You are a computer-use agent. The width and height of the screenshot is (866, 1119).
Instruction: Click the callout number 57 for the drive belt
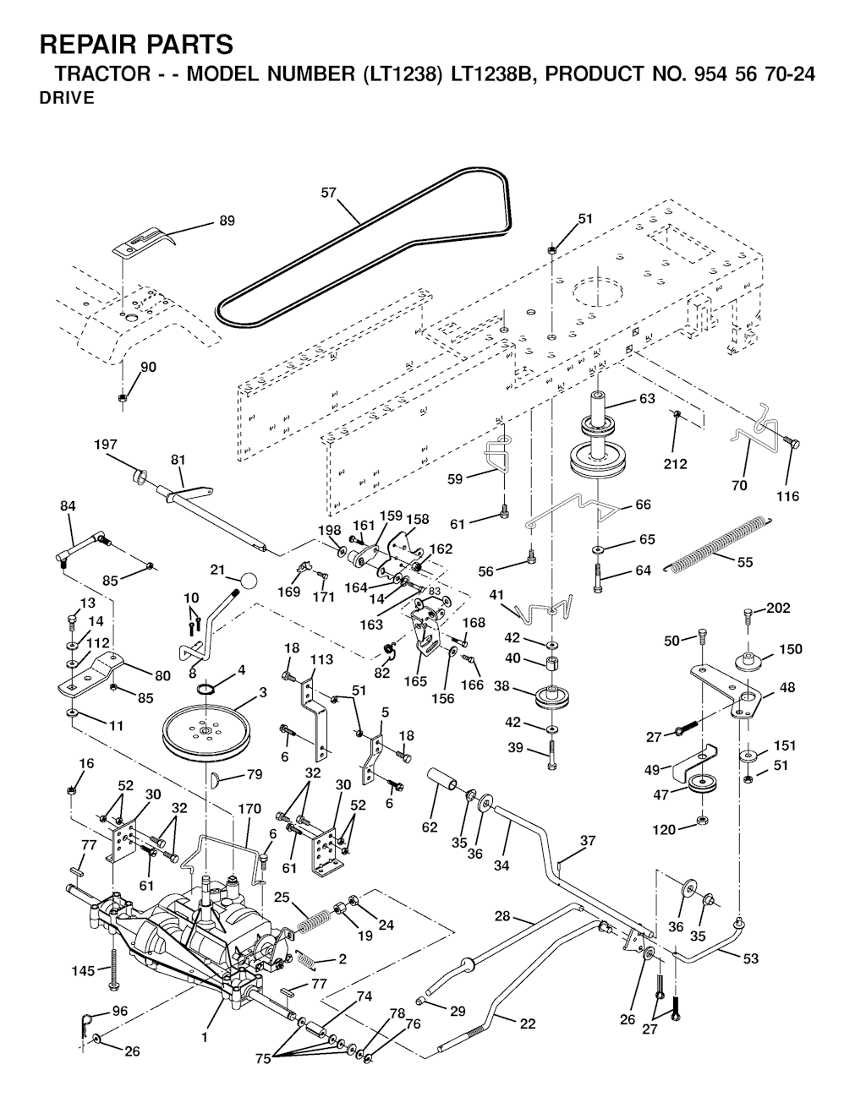point(329,193)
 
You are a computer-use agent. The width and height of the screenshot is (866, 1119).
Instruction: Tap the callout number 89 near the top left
point(227,221)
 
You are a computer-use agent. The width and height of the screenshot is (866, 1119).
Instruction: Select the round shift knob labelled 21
point(248,581)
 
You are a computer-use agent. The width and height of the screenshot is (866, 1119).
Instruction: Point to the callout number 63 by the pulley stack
point(647,399)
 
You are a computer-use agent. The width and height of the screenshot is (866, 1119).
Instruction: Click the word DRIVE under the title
point(66,98)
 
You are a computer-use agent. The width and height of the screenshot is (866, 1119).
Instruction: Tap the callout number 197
point(106,444)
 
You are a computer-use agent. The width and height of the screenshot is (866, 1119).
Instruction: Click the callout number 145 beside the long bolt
point(83,970)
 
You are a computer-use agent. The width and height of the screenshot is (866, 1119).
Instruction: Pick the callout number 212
point(675,463)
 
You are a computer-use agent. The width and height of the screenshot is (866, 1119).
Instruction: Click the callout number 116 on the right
point(787,496)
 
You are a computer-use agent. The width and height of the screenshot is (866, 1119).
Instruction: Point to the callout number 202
point(778,608)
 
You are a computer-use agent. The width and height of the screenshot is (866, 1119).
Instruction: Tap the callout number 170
point(249,809)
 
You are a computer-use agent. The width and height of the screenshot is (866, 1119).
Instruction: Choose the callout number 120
point(664,830)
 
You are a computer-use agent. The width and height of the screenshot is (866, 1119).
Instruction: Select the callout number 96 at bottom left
point(120,1011)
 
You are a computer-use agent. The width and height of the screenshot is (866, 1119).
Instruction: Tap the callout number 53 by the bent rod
point(750,958)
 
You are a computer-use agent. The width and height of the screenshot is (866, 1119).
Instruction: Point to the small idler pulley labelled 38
point(550,699)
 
